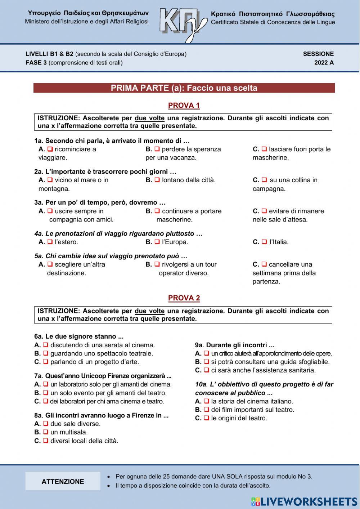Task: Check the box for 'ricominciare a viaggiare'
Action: [50, 149]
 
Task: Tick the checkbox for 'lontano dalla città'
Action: [157, 180]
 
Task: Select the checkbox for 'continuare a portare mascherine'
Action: [157, 211]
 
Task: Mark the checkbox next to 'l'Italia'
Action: [264, 242]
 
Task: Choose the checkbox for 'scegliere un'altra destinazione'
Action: [50, 264]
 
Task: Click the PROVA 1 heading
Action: [184, 106]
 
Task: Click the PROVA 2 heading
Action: [184, 298]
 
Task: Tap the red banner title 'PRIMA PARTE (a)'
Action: [184, 88]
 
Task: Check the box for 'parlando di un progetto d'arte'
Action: [46, 362]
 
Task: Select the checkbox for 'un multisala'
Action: [46, 432]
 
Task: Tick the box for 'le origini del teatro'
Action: [206, 418]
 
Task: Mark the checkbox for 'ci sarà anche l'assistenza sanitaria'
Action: [206, 370]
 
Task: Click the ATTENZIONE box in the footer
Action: [63, 481]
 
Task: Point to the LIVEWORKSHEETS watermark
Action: [304, 502]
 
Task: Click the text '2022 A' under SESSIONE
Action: [324, 63]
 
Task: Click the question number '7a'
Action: [39, 376]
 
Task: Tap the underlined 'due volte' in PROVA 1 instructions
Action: [149, 118]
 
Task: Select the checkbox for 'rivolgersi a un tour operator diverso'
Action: [157, 264]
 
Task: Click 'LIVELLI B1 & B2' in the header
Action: [49, 54]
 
